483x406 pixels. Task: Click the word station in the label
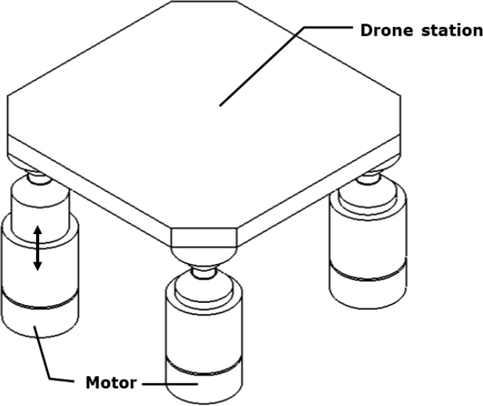(x=445, y=31)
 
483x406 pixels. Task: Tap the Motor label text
(x=111, y=383)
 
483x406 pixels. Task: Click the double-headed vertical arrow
(x=38, y=248)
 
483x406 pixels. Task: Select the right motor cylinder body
(x=367, y=242)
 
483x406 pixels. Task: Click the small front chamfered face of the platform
(x=205, y=237)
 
